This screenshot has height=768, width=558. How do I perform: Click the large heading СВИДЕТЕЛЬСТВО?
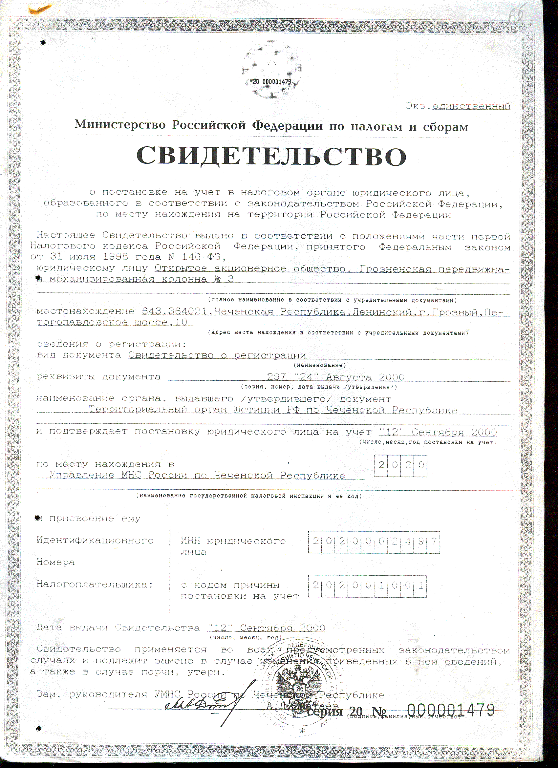tap(271, 156)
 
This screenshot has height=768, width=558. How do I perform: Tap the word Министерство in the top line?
tap(120, 125)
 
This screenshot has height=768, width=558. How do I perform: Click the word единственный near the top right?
tap(471, 106)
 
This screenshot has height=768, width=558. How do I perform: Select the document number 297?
tap(276, 377)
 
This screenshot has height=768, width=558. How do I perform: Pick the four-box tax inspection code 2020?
tap(400, 465)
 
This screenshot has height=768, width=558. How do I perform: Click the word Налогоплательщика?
tap(94, 585)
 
